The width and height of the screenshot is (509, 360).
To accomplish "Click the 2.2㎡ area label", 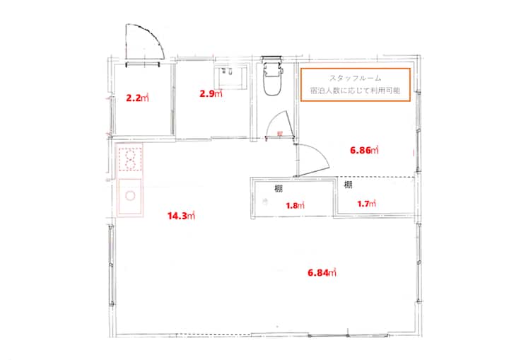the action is (137, 98).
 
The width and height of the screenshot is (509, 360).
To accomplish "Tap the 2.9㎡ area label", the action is (211, 93).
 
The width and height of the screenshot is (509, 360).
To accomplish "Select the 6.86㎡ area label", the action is (364, 150).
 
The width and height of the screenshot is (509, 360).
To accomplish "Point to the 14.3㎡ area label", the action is (181, 216).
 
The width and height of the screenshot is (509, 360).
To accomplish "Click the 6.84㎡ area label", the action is (322, 272).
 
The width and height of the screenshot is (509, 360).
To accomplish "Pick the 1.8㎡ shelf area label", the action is (295, 205).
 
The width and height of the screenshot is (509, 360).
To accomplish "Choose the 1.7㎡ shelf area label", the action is (366, 204).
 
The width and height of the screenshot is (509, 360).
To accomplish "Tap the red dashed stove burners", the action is (130, 159).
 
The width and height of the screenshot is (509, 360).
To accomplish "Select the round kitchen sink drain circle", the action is (130, 196).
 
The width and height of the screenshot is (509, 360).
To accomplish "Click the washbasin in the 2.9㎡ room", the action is (230, 76).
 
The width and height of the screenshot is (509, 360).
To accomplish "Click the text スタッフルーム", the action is (355, 79).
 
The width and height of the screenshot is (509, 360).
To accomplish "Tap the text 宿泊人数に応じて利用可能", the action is (355, 91).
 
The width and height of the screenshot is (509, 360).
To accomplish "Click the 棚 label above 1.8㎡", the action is (279, 188).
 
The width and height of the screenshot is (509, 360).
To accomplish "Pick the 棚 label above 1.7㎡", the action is (349, 185).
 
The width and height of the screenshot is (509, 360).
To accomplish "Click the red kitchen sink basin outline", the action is (130, 197).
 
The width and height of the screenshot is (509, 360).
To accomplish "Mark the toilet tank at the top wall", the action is (271, 59).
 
